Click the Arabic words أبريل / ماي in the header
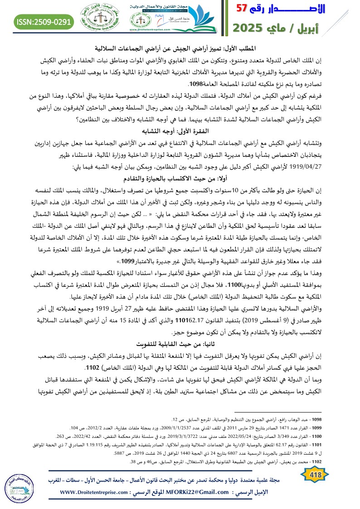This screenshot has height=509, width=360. [313, 28]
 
